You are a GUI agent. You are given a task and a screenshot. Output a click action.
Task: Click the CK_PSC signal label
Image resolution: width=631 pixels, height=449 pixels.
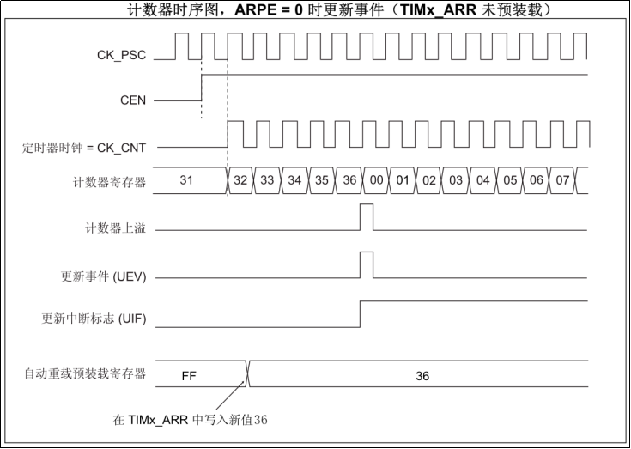point(121,56)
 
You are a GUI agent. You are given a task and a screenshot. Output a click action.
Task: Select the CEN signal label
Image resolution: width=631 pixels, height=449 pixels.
point(132,100)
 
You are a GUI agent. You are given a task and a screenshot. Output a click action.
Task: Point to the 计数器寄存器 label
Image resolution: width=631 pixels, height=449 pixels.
point(110,181)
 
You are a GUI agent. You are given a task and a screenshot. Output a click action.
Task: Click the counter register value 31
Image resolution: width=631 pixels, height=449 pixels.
point(186,180)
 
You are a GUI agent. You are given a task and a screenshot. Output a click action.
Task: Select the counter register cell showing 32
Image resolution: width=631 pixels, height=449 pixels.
point(240,181)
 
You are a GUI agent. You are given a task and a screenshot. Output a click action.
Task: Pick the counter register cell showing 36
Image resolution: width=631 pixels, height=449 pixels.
point(349,181)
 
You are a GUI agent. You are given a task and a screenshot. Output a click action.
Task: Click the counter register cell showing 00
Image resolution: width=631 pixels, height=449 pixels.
point(375,181)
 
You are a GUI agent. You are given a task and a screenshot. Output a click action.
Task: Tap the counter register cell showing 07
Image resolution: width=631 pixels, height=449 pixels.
point(563,181)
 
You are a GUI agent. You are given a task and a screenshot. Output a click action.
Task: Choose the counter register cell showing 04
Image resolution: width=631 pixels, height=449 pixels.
point(482,181)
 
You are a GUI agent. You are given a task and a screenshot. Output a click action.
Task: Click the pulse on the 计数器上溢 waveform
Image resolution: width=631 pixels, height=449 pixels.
point(367,217)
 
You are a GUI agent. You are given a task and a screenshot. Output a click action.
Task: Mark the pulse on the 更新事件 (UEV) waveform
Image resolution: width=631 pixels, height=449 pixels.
point(367,264)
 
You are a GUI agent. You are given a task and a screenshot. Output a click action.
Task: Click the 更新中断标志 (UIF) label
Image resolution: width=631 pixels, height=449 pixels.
point(94,318)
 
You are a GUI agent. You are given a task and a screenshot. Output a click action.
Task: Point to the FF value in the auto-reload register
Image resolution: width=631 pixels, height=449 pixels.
point(191,376)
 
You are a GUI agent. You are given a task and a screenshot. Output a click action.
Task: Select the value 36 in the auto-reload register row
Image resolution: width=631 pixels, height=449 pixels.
point(422,376)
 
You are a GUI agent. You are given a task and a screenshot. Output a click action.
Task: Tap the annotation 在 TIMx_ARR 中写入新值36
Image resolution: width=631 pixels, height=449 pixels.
point(191,420)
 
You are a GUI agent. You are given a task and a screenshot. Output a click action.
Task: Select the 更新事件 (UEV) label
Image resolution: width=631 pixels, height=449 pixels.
point(103,276)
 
